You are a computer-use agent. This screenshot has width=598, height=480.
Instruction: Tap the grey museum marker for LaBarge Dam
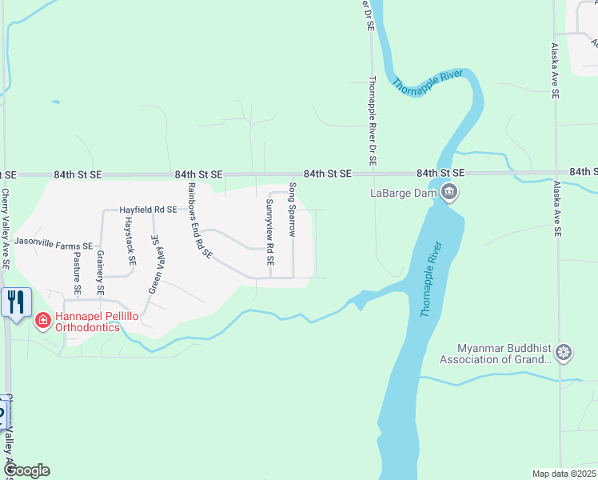click(x=449, y=192)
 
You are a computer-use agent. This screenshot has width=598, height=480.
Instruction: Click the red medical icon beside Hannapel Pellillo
click(x=43, y=322)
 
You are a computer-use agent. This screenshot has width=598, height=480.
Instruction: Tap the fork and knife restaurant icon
click(x=16, y=302)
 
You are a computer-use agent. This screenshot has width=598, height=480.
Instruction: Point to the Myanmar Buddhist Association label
click(x=504, y=354)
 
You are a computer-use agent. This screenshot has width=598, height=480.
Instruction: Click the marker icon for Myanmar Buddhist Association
click(x=564, y=353)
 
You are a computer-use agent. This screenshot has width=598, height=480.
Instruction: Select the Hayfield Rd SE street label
click(x=148, y=210)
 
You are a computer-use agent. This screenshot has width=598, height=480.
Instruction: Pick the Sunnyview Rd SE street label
click(x=269, y=232)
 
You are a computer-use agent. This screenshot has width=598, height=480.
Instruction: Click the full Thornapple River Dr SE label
click(x=372, y=120)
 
